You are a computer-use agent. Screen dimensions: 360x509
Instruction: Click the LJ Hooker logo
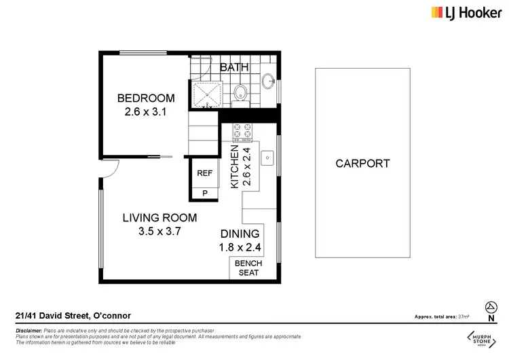[x=467, y=13]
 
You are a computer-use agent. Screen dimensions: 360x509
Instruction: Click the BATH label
[x=234, y=67]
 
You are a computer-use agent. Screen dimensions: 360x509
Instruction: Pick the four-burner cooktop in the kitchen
[x=242, y=130]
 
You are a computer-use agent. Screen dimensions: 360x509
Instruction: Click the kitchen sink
[x=268, y=158]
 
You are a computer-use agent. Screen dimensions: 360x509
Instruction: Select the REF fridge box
[x=204, y=173]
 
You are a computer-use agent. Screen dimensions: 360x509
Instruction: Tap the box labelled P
[x=204, y=194]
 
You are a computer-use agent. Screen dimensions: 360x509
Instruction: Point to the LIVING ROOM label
[x=159, y=218]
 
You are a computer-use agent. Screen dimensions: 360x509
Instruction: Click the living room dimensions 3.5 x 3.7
[x=159, y=232]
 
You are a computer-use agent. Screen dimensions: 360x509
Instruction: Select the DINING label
[x=240, y=234]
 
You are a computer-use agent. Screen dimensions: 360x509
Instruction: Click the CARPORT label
[x=362, y=163]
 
